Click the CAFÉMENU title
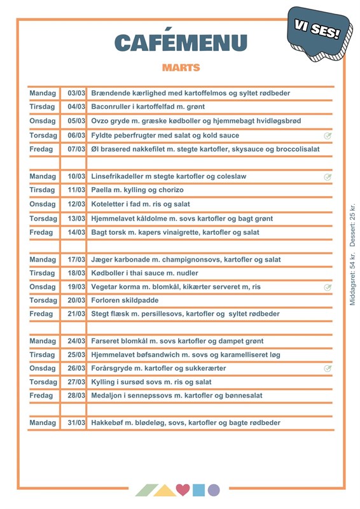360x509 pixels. point(181,43)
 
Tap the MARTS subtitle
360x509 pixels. point(181,67)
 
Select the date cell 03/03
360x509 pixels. point(76,93)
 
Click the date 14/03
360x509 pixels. point(76,232)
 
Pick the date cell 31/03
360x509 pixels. point(76,422)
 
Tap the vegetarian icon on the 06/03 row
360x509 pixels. point(328,136)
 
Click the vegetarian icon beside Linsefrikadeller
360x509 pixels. point(328,177)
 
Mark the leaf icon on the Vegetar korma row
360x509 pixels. point(328,287)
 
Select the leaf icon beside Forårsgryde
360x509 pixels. point(328,368)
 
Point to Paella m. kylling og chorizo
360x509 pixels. point(137,190)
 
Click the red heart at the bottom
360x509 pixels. point(183,490)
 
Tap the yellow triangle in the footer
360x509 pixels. point(165,491)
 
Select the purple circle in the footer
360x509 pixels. point(214,490)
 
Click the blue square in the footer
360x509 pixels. point(198,490)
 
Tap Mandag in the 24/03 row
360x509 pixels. point(43,341)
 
